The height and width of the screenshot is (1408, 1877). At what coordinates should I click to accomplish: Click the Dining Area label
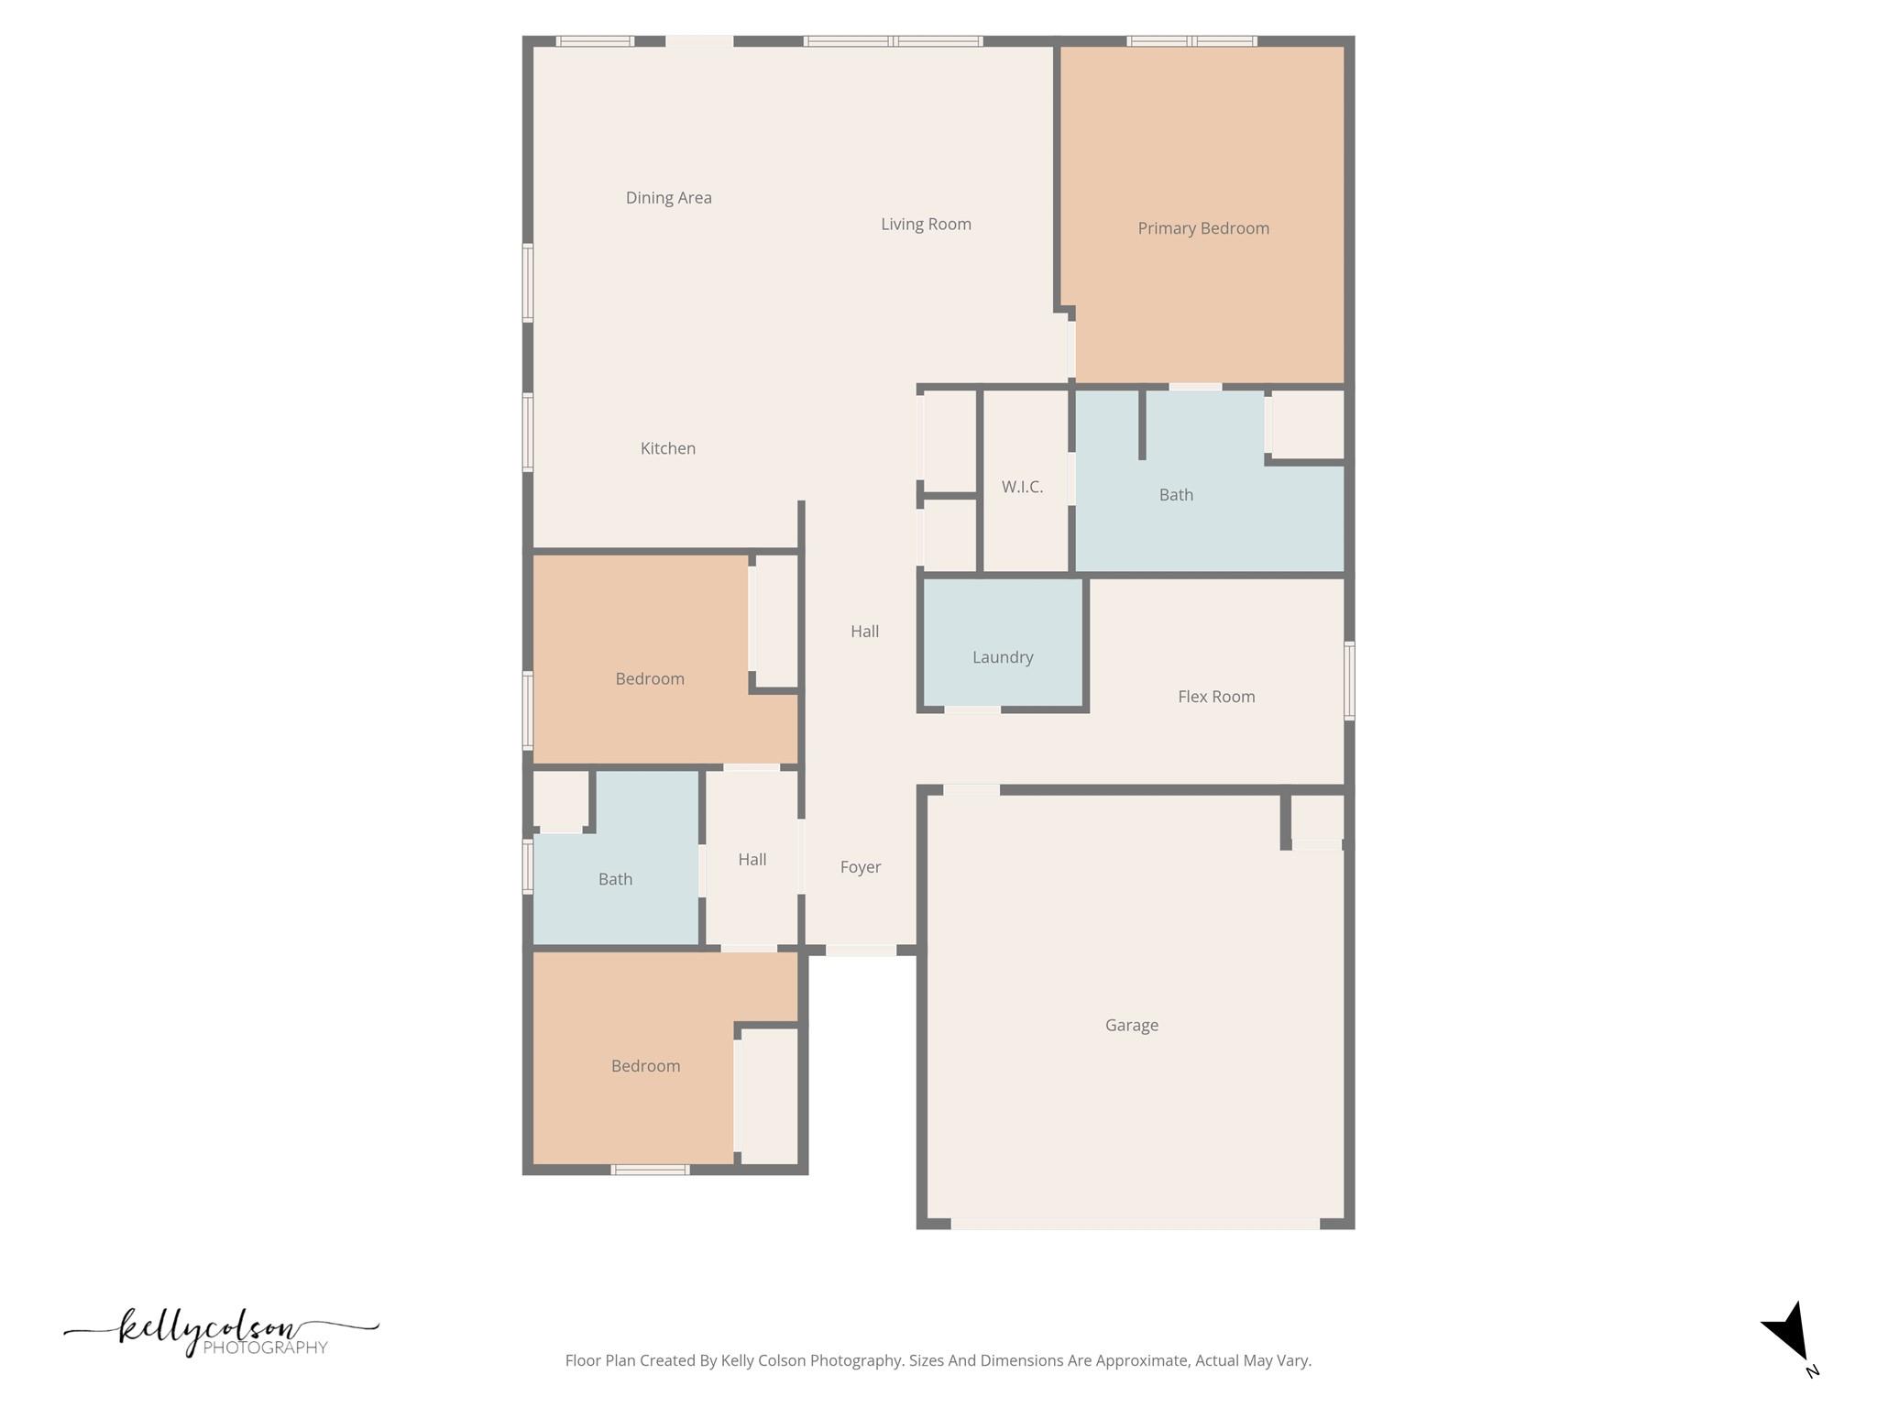(668, 198)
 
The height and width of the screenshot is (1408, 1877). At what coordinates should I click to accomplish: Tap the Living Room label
(926, 225)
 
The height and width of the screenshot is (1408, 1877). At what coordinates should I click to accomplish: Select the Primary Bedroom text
(1202, 228)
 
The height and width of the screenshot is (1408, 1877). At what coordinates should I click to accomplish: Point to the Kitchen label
(667, 448)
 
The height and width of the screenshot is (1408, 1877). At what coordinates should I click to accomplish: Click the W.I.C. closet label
(1022, 487)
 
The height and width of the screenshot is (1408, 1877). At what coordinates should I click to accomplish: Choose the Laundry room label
(1002, 657)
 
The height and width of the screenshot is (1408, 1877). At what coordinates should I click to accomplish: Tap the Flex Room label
(1215, 697)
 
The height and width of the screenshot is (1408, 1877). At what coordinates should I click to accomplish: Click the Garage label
(1131, 1025)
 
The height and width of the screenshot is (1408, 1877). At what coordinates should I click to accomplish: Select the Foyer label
(860, 867)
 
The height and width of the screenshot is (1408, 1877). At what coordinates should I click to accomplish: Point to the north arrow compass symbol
(1788, 1334)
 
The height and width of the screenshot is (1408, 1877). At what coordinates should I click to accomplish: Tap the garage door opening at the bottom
(1135, 1224)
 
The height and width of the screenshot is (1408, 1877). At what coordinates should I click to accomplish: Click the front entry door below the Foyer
(861, 951)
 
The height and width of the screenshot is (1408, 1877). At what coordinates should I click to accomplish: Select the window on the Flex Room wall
(1349, 680)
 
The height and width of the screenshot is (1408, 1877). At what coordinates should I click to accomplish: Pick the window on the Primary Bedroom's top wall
(1191, 41)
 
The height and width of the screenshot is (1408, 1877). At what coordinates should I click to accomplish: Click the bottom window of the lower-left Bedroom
(650, 1170)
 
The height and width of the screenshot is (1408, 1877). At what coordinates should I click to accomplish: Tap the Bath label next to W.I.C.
(1175, 495)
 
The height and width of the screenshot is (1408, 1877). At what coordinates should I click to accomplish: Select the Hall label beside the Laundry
(864, 632)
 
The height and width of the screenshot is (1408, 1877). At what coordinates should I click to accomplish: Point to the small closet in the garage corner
(1317, 818)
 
